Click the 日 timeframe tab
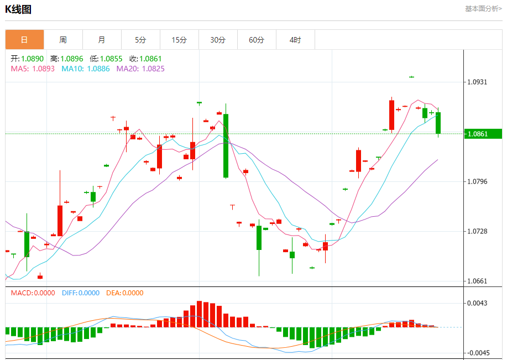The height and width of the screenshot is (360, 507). (24, 40)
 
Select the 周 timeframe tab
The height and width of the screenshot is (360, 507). (63, 40)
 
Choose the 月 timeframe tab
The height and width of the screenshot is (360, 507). (102, 40)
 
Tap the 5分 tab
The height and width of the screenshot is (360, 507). (140, 40)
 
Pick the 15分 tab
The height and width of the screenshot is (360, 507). (179, 40)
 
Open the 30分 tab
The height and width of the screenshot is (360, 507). (218, 40)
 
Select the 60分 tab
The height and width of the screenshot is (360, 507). (257, 40)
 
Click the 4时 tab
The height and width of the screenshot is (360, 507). (295, 40)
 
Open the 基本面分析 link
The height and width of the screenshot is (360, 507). (483, 8)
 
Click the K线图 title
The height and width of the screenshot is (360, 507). (18, 9)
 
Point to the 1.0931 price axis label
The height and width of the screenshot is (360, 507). (478, 82)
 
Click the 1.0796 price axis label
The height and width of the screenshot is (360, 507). (478, 182)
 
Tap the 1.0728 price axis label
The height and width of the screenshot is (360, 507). (478, 231)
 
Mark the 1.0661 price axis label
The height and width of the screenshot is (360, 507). (478, 281)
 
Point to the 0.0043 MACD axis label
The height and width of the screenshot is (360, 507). (478, 303)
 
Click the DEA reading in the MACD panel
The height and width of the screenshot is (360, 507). (125, 293)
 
